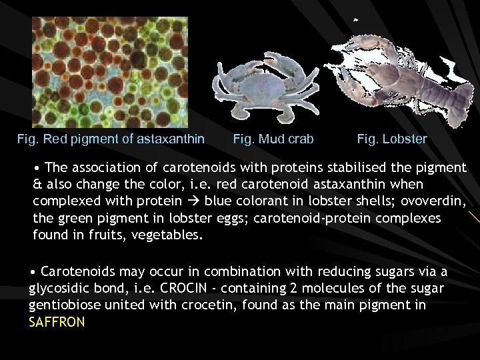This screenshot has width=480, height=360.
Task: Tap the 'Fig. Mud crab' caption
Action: tap(273, 140)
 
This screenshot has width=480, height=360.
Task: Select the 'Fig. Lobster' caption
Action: tap(392, 140)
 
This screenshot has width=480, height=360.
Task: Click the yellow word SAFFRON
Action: tap(57, 321)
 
